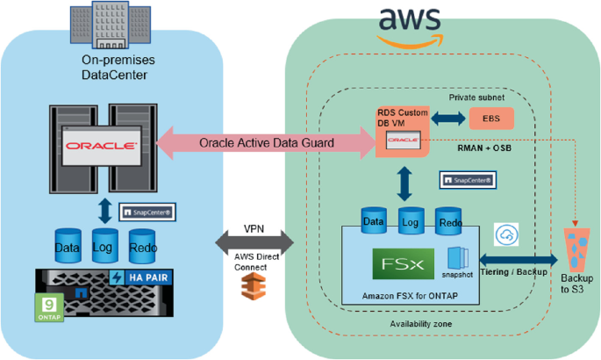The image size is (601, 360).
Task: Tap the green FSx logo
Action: pyautogui.click(x=399, y=265)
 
